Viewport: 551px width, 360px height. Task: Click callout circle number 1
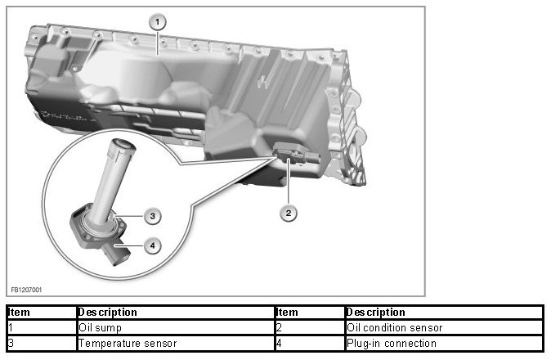(x=159, y=22)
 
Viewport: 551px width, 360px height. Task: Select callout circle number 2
(x=287, y=213)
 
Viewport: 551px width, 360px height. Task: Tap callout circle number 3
(x=150, y=216)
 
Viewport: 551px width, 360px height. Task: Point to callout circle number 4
(x=150, y=244)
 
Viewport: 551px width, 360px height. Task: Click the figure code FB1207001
(x=27, y=289)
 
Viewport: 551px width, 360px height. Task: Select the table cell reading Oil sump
(x=98, y=327)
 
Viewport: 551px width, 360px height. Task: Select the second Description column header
(x=375, y=312)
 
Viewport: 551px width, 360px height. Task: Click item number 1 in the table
(x=11, y=327)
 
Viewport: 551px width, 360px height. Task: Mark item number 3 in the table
(x=11, y=343)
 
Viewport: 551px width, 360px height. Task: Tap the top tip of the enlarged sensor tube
(x=121, y=147)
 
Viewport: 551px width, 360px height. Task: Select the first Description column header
(x=107, y=312)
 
